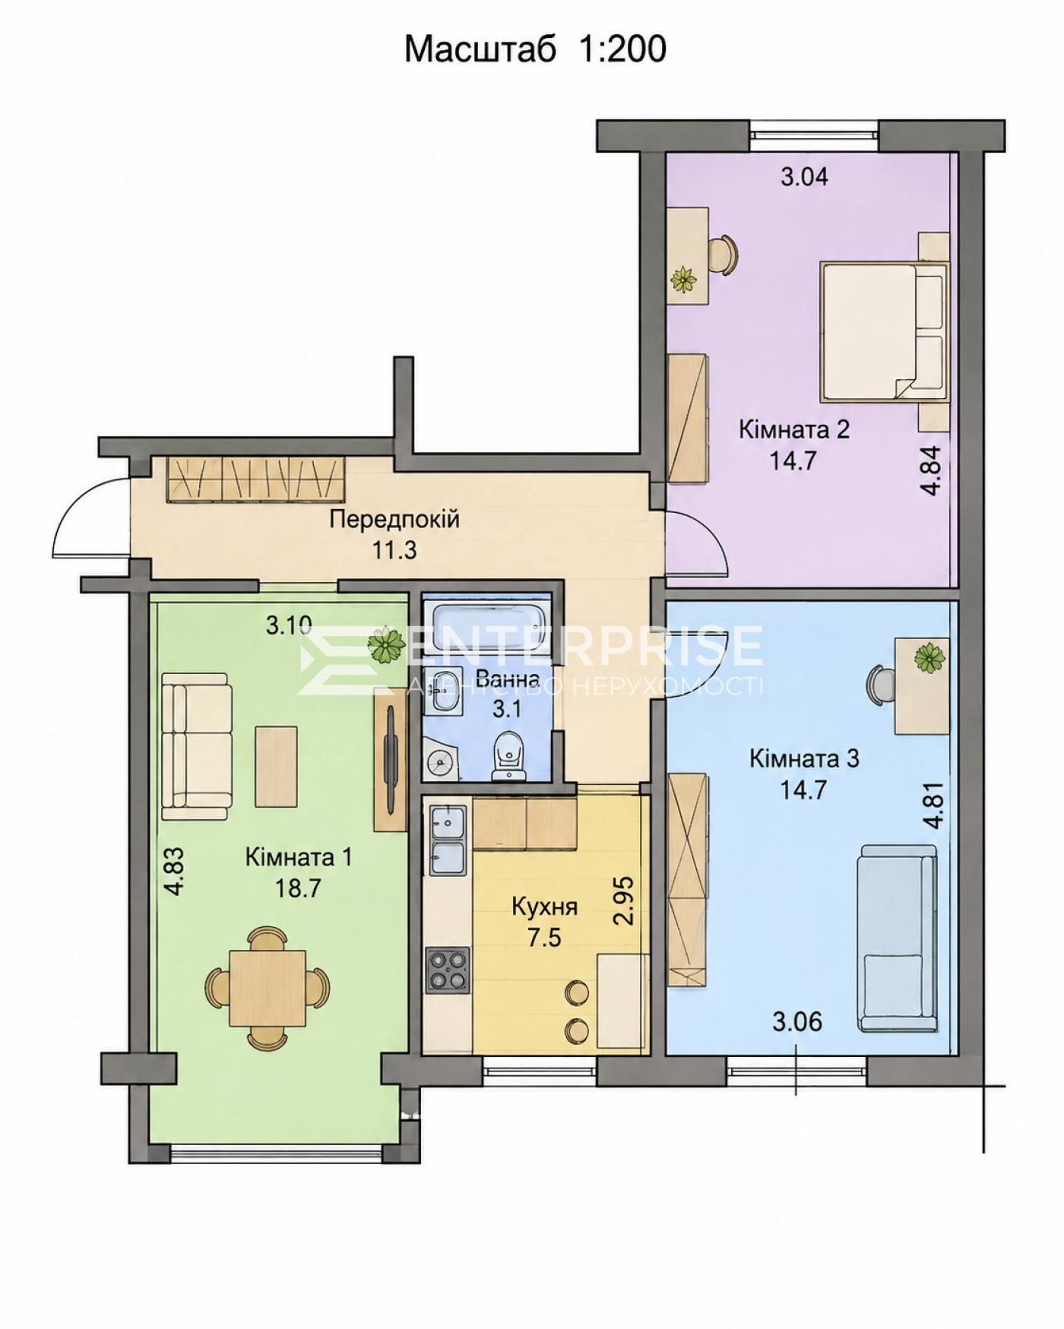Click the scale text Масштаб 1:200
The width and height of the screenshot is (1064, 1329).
(535, 50)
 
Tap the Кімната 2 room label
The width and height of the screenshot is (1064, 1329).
(794, 429)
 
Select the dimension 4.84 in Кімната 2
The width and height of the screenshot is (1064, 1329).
(931, 470)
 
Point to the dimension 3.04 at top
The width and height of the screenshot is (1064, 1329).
(805, 177)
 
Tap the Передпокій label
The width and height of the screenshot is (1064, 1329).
(394, 520)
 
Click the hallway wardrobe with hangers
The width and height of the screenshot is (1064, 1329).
(255, 479)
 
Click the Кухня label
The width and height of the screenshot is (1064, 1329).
(545, 907)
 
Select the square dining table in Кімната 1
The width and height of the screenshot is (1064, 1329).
(268, 988)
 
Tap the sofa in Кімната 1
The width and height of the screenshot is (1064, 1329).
(196, 747)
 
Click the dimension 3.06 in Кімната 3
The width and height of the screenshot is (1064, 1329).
(797, 1022)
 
